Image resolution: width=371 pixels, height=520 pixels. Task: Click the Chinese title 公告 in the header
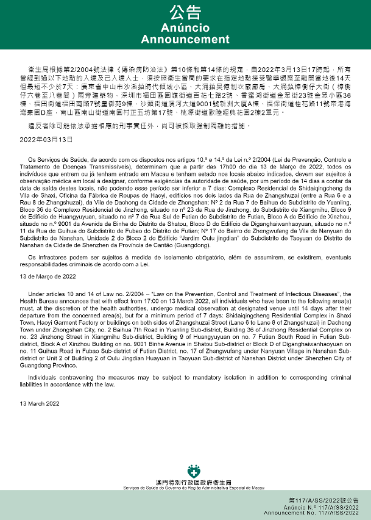pos(185,13)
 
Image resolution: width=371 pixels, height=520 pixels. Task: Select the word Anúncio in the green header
pos(185,28)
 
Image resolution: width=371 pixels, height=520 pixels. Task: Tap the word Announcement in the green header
pos(185,40)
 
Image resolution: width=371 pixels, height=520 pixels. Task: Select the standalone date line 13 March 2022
pos(40,403)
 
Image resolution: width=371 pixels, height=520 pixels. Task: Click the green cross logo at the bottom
pos(194,471)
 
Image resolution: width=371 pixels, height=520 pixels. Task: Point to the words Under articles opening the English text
pos(46,294)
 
